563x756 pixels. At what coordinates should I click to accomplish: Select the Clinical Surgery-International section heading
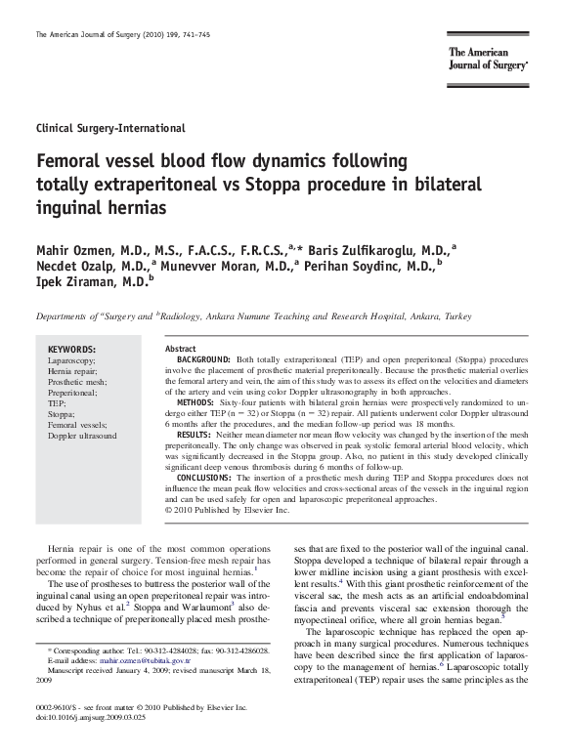[x=110, y=128]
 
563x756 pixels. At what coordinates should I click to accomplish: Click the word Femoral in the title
[x=73, y=160]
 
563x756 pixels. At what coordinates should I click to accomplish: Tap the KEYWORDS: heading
[x=72, y=349]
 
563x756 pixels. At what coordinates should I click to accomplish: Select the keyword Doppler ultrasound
[x=82, y=435]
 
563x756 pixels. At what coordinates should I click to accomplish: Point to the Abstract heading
[x=181, y=349]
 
